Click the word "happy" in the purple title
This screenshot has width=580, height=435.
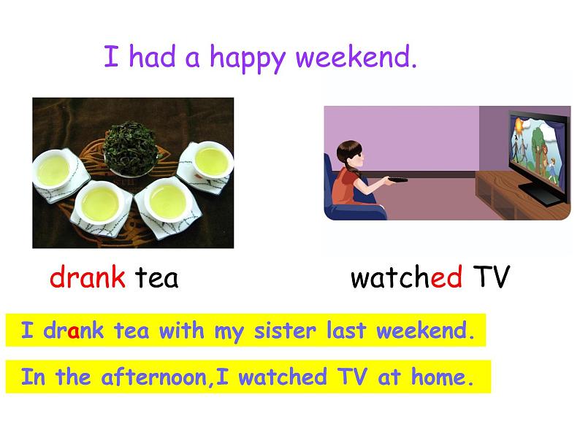click(x=248, y=58)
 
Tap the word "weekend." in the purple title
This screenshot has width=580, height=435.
click(x=356, y=56)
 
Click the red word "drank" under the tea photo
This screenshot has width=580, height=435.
click(x=88, y=277)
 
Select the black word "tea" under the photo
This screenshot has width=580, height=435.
click(x=156, y=278)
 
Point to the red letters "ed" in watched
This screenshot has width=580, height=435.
click(x=446, y=277)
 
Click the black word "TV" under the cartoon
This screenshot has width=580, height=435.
click(x=492, y=277)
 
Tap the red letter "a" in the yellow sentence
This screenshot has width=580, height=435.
click(x=74, y=332)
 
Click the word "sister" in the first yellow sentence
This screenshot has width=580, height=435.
click(x=285, y=331)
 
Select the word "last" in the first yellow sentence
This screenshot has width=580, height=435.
click(x=346, y=330)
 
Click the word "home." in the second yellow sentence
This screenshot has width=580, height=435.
click(x=443, y=377)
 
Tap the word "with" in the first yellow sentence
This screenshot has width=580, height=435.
click(x=182, y=330)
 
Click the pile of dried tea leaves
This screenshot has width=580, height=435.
click(x=130, y=148)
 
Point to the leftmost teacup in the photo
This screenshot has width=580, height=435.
click(x=53, y=169)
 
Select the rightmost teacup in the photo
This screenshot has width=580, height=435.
click(x=211, y=161)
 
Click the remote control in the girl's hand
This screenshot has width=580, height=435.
click(x=397, y=180)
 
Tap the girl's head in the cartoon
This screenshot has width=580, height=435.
click(x=350, y=155)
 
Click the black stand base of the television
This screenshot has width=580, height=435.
click(x=541, y=195)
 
